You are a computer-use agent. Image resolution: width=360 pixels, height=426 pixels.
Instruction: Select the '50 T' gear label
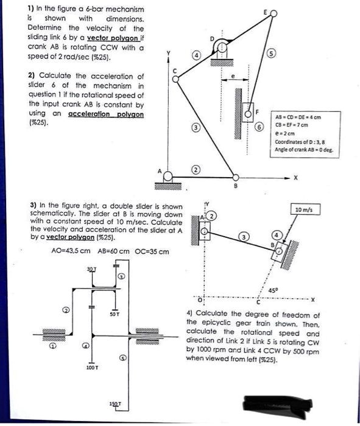pyautogui.click(x=114, y=314)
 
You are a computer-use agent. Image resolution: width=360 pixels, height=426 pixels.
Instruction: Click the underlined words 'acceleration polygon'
pyautogui.click(x=106, y=114)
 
